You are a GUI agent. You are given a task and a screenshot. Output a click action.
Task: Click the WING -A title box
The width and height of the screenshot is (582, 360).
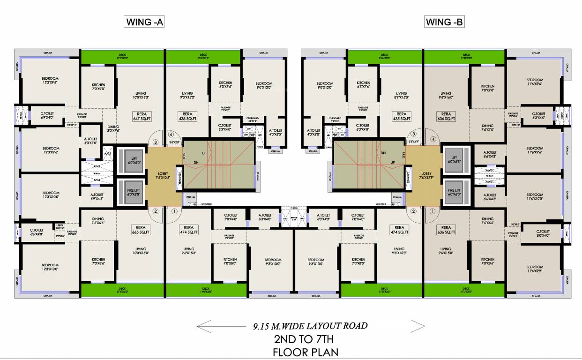click(x=144, y=22)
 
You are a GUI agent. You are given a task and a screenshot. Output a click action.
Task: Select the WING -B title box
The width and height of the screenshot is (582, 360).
click(x=444, y=22)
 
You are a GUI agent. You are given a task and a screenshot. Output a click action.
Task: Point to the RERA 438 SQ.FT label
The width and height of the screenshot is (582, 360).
click(x=188, y=117)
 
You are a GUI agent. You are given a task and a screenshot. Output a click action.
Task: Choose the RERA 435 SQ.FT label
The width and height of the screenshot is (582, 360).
click(x=401, y=117)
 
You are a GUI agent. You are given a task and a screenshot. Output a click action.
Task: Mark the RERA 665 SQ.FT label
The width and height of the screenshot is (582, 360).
click(x=141, y=230)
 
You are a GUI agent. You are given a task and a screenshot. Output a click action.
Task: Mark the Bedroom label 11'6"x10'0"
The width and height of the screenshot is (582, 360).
click(x=534, y=197)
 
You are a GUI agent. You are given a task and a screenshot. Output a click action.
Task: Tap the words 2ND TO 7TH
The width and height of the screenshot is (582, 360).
click(x=306, y=340)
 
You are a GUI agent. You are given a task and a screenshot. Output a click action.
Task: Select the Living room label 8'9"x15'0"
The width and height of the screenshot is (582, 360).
click(x=401, y=96)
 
